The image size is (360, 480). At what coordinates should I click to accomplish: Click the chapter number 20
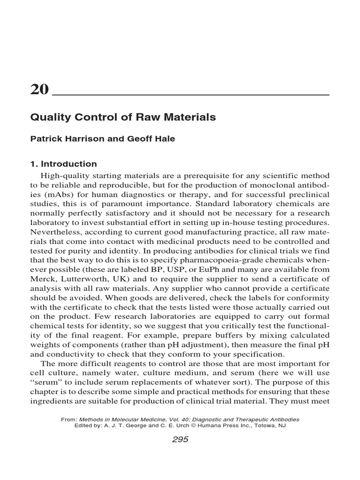tap(39, 89)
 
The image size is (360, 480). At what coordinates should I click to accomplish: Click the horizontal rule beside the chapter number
tap(190, 94)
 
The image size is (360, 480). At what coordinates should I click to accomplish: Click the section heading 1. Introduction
tap(63, 164)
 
